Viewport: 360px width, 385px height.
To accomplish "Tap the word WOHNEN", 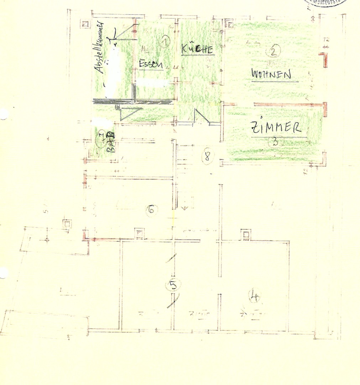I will pos(271,74).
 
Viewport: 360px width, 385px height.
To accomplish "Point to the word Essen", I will pos(151,64).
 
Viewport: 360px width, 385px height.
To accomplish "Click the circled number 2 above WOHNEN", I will pos(273,52).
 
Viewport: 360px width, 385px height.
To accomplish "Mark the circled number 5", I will pos(173,285).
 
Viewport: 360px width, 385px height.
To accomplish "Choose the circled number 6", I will pos(151,210).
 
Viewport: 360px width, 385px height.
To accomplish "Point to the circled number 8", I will pos(208,156).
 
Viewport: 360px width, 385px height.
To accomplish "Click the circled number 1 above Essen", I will pos(165,42).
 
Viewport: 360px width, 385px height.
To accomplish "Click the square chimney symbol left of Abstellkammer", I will pos(85,24).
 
